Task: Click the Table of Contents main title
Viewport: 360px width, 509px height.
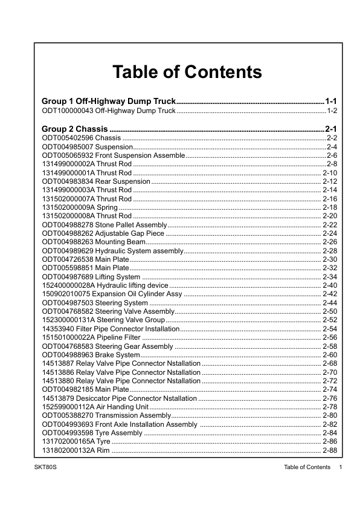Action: click(x=187, y=72)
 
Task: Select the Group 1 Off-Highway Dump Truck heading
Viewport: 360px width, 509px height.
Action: click(x=109, y=101)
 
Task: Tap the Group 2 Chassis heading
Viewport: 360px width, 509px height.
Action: click(x=75, y=129)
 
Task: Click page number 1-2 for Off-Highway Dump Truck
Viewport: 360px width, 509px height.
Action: click(x=331, y=111)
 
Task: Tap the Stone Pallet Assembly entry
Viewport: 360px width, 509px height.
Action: click(x=104, y=224)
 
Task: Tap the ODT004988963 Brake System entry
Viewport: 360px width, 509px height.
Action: click(x=91, y=354)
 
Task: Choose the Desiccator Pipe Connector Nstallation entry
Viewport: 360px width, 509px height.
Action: click(x=119, y=398)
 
